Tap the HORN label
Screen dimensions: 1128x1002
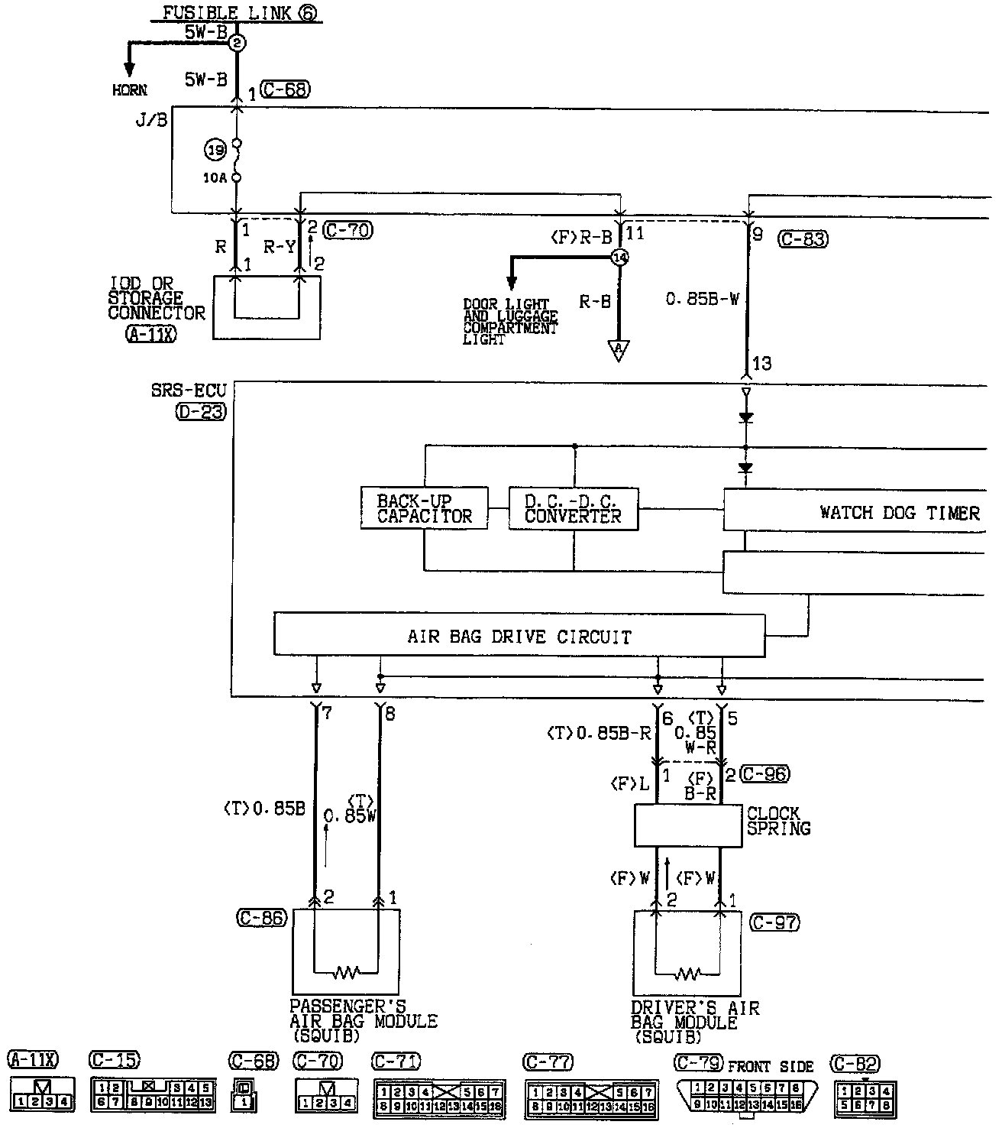(129, 90)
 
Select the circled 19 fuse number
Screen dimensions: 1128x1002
(216, 151)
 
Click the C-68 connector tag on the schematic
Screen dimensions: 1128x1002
(284, 89)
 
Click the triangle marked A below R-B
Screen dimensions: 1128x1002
(617, 350)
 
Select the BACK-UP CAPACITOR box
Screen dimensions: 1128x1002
(424, 508)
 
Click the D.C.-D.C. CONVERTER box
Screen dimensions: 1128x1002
(573, 508)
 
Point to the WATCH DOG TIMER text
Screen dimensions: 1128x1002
(899, 512)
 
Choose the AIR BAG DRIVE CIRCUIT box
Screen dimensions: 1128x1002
(519, 636)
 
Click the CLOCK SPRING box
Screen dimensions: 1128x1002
(688, 825)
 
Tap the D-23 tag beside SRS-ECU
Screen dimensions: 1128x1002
(200, 413)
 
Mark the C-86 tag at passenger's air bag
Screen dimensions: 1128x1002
(262, 918)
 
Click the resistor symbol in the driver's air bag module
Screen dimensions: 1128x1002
(688, 973)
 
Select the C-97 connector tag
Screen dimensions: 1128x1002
(774, 922)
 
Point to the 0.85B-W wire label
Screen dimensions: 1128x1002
(702, 300)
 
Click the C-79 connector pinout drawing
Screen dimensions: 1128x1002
(746, 1097)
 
